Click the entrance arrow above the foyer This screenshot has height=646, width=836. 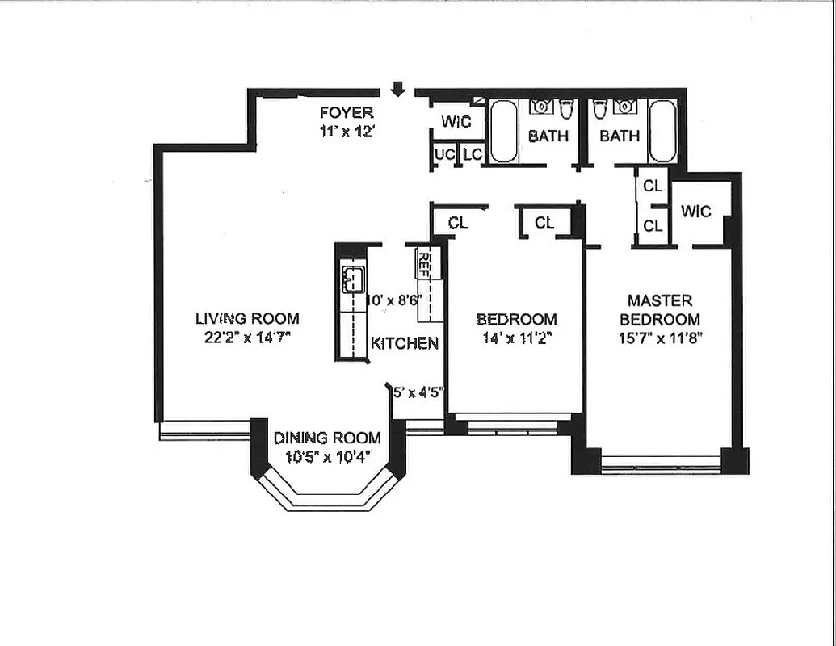point(397,89)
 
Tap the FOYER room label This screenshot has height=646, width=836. point(347,113)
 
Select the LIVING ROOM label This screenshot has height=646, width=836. point(247,318)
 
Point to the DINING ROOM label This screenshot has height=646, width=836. point(327,438)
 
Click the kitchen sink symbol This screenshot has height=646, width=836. point(352,279)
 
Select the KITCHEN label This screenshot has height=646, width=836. point(405,343)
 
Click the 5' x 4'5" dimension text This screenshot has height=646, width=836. point(418,393)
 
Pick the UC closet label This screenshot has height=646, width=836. point(444,154)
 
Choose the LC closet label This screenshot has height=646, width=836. point(473,154)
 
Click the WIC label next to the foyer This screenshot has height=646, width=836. point(456,122)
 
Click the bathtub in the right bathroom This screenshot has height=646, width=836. point(662,131)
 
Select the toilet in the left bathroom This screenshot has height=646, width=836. point(566,109)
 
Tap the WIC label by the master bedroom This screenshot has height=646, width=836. point(696,211)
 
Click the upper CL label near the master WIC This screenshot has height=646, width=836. point(653,186)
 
